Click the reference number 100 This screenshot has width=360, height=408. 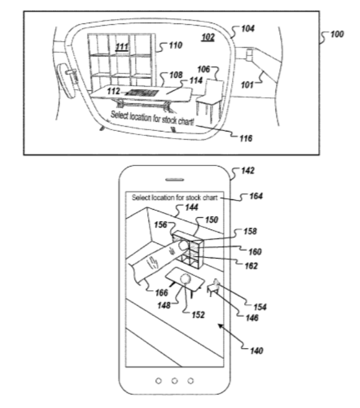337,34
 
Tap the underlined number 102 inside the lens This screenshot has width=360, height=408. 208,37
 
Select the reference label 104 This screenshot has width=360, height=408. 248,28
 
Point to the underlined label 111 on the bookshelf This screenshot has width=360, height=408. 122,47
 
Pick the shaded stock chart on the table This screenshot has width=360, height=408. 142,93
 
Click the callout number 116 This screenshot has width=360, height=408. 246,138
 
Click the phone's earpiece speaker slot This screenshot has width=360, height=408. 175,179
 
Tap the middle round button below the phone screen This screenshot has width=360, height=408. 174,381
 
